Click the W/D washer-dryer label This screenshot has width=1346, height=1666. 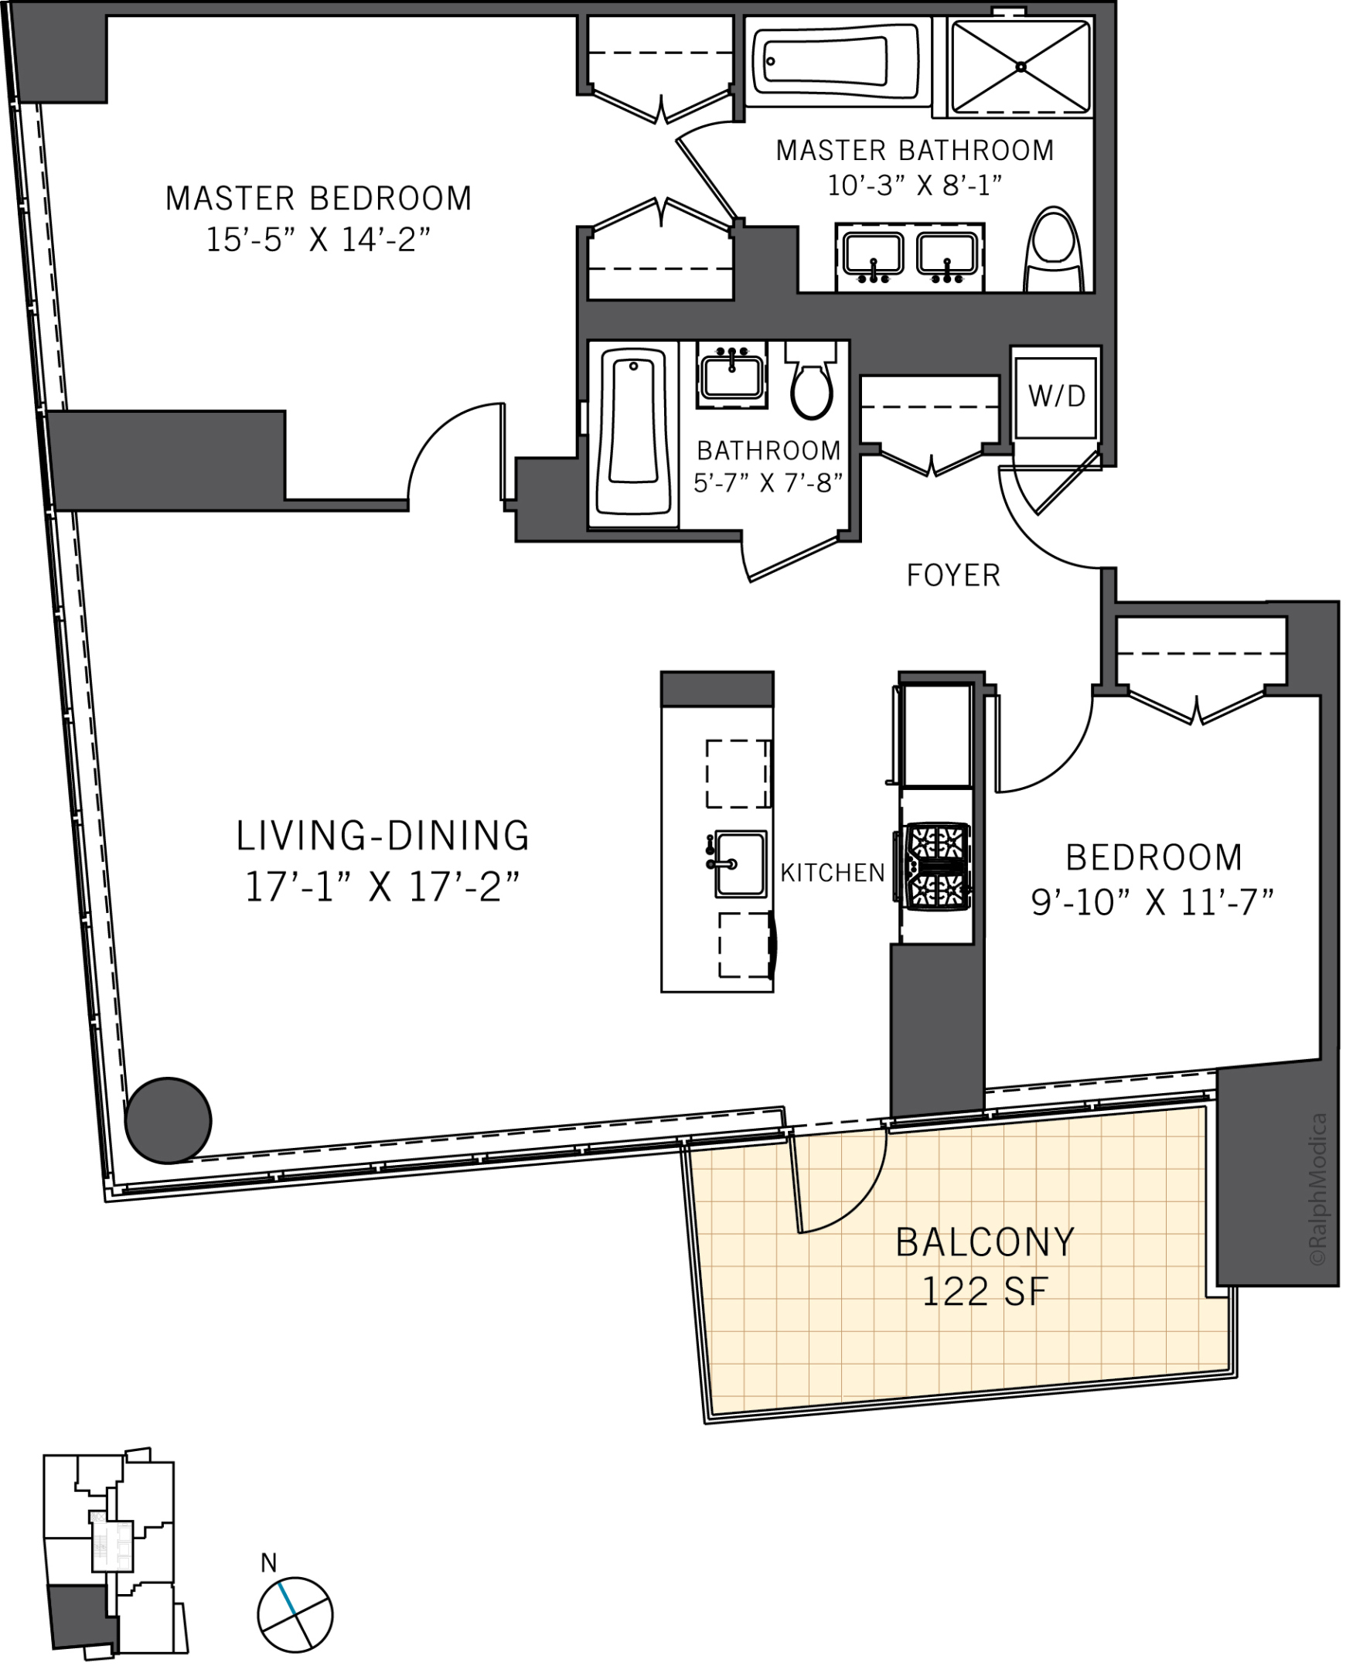tap(1057, 397)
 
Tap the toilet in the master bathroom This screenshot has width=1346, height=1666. tap(1053, 250)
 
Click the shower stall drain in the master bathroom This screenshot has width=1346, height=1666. tap(1021, 67)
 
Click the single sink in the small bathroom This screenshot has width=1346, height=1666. tap(732, 375)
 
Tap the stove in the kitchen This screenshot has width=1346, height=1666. tap(933, 866)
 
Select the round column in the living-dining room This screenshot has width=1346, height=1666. tap(169, 1120)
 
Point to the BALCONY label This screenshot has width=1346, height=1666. tap(985, 1242)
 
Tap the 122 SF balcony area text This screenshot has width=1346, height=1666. tap(985, 1291)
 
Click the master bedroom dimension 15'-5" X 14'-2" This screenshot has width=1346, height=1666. tap(318, 240)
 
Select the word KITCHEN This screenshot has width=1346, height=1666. tap(833, 873)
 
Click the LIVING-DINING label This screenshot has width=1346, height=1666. tap(382, 836)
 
